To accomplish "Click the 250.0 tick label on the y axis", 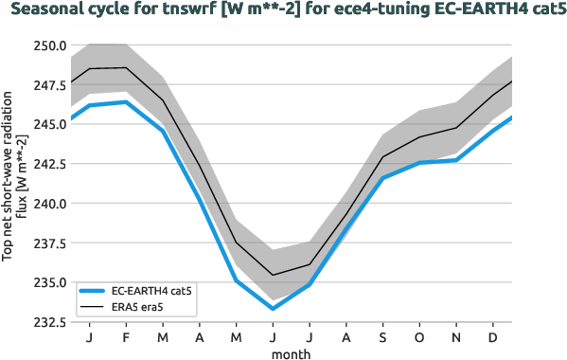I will tap(47, 45).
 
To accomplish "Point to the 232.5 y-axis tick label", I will tap(47, 322).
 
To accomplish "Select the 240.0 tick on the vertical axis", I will tap(47, 204).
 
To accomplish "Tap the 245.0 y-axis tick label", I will tap(47, 124).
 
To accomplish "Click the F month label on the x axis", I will tap(126, 337).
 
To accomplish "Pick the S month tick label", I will tap(383, 337).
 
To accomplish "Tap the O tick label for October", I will tap(420, 337).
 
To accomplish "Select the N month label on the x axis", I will tap(457, 337).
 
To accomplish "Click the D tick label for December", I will tap(494, 337).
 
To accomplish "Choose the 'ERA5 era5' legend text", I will tap(140, 307).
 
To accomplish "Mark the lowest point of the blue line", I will tap(273, 308).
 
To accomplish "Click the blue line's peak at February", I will tap(126, 102).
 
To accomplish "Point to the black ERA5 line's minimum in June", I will tap(273, 275).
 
